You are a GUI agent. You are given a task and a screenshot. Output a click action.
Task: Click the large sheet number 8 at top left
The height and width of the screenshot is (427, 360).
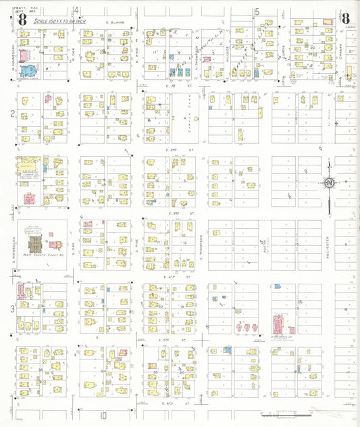point(22,20)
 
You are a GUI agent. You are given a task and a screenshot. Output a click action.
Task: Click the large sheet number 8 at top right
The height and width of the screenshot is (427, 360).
point(345,19)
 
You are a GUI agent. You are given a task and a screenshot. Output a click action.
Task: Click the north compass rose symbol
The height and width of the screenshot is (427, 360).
point(329,183)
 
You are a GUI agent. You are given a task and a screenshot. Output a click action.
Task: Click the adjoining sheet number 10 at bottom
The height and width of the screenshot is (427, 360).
point(105,415)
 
